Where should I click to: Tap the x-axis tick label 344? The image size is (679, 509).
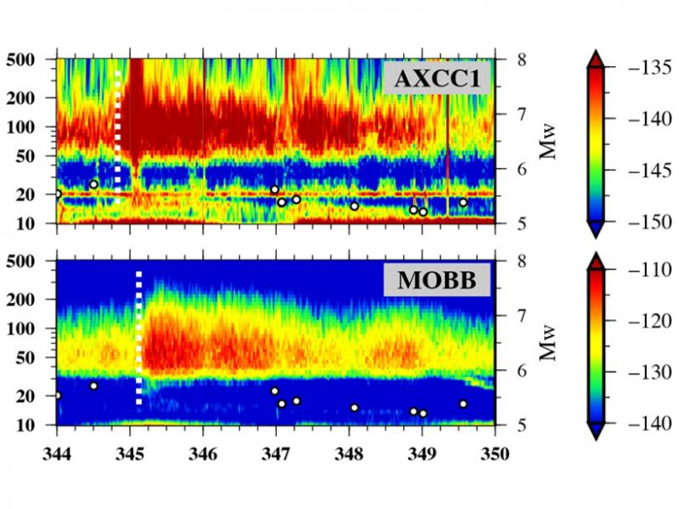click(x=56, y=453)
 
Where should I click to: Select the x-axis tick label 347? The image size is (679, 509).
click(x=276, y=453)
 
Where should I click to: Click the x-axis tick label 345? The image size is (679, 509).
click(x=129, y=453)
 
